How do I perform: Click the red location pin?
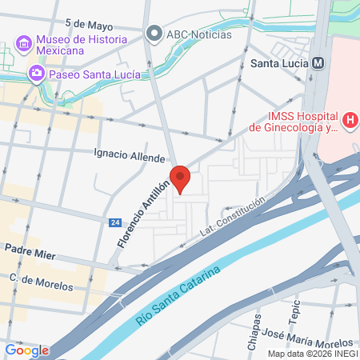pos(180,178)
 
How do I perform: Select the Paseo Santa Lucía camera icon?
pos(36,74)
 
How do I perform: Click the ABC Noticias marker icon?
pos(154,34)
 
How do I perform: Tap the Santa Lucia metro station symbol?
pos(318,62)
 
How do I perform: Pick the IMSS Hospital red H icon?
pos(350,121)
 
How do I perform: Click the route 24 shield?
pos(116,222)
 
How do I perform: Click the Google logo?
pos(26,350)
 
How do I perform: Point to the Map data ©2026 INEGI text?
pos(312,354)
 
